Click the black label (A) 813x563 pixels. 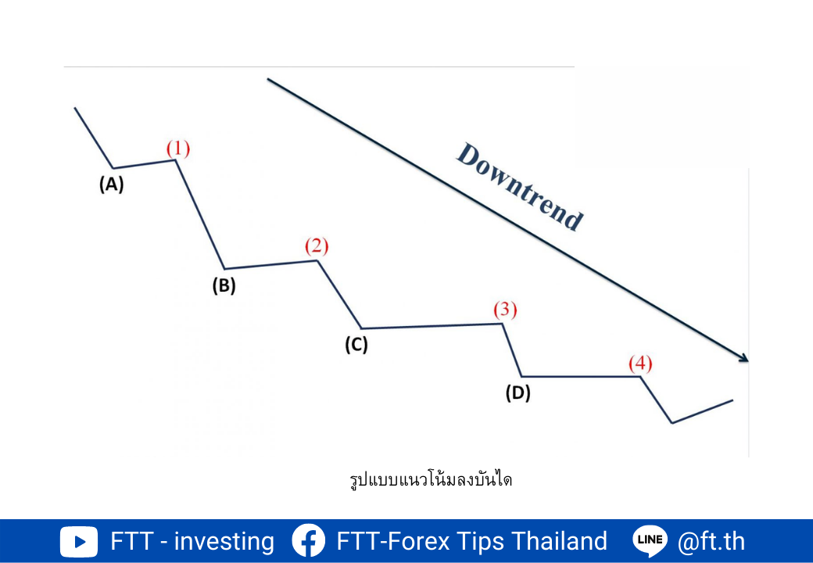click(112, 184)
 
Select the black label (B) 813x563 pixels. click(224, 285)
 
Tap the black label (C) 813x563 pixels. click(356, 344)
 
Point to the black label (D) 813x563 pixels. click(518, 393)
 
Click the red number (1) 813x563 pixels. click(178, 149)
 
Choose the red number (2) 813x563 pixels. click(317, 246)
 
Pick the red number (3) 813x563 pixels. click(505, 310)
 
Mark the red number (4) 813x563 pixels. click(640, 364)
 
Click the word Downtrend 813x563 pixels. click(520, 187)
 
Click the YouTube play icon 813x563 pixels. click(79, 542)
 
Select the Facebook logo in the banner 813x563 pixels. click(309, 540)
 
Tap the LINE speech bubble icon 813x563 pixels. click(650, 541)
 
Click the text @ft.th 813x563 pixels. click(711, 541)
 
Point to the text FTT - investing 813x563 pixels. click(192, 541)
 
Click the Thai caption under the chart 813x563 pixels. click(431, 479)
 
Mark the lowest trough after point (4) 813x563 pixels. click(672, 422)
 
